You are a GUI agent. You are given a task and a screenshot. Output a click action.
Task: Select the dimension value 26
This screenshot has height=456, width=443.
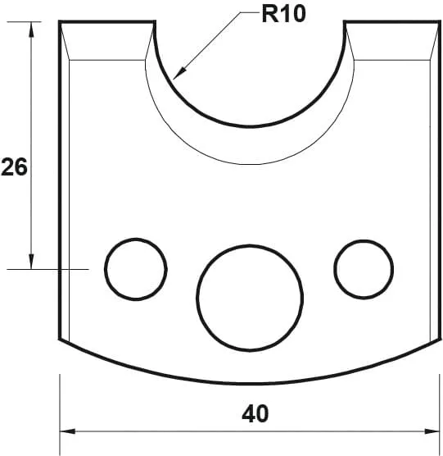tap(15, 167)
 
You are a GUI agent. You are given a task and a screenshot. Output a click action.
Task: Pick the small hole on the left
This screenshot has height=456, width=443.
tap(135, 267)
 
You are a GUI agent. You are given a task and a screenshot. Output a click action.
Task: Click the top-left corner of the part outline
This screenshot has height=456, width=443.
tap(61, 22)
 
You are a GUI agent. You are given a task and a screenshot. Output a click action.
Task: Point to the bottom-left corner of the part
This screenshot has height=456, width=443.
tap(61, 340)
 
